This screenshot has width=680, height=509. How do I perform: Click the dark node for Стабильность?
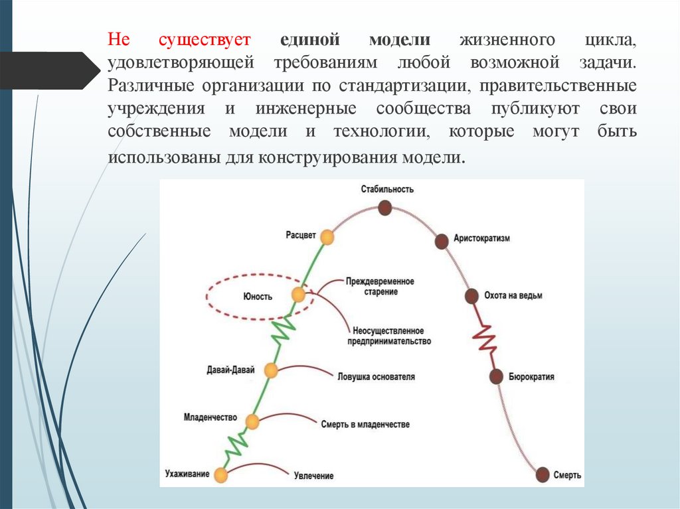384,208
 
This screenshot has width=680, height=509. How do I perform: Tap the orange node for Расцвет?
326,236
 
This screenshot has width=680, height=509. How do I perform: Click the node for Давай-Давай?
270,370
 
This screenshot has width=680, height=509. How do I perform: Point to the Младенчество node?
252,421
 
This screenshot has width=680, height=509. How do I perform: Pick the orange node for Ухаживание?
220,474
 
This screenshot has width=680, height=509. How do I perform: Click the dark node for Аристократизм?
441,241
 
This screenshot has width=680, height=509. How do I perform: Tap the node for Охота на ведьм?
471,296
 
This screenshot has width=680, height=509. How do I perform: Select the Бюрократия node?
496,376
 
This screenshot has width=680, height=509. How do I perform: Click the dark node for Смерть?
543,474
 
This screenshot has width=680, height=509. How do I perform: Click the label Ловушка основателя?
376,377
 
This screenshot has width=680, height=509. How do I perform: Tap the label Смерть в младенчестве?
365,424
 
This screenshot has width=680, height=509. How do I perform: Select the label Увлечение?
313,476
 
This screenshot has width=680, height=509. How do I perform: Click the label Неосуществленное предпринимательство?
388,336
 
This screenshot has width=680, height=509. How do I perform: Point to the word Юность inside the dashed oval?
258,297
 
